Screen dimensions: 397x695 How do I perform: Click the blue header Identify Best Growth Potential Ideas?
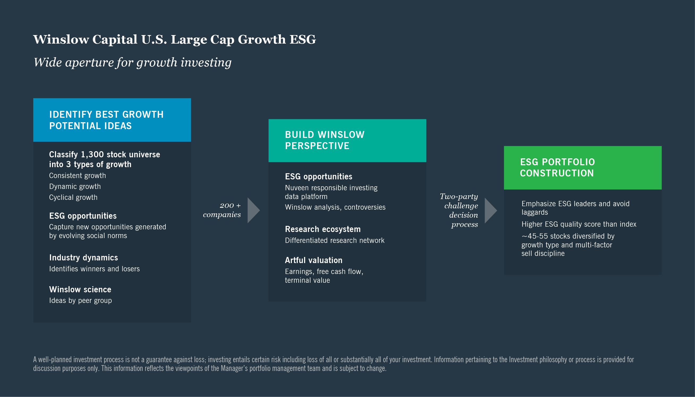(112, 120)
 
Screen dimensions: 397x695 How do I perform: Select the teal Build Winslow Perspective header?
(347, 140)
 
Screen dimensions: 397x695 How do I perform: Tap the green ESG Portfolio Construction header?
(582, 168)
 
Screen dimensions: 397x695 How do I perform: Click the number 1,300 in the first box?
(92, 155)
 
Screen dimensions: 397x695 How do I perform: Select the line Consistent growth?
(77, 176)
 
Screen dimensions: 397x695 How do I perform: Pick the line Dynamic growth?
(75, 187)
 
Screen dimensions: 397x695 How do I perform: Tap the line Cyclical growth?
(73, 197)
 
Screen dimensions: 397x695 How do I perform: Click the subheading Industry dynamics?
(83, 258)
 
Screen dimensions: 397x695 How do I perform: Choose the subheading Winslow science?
(80, 289)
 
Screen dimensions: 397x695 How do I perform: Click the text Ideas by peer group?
(80, 301)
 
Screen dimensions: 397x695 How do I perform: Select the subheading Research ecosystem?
(323, 229)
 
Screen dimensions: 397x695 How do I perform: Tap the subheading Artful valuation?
(313, 260)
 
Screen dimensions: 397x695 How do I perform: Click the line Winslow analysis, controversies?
(335, 207)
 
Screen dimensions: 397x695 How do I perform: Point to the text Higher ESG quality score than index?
(579, 224)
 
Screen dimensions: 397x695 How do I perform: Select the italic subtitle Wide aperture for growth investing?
(133, 62)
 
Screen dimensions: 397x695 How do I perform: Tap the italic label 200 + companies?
(222, 210)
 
